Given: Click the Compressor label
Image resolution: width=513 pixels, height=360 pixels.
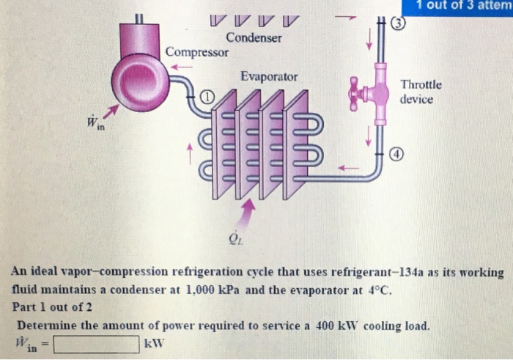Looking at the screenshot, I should click(x=196, y=52).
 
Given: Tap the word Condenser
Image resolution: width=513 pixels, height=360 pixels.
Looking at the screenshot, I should click(x=254, y=37).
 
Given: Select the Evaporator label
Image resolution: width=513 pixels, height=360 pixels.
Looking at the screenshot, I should click(x=269, y=76).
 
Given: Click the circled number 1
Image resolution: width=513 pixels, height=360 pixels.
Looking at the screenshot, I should click(x=207, y=97).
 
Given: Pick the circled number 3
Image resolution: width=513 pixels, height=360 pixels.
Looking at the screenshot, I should click(x=399, y=21).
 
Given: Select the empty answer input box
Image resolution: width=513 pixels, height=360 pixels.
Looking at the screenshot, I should click(x=95, y=343).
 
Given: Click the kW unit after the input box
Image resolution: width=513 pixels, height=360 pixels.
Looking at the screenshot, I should click(x=155, y=343).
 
